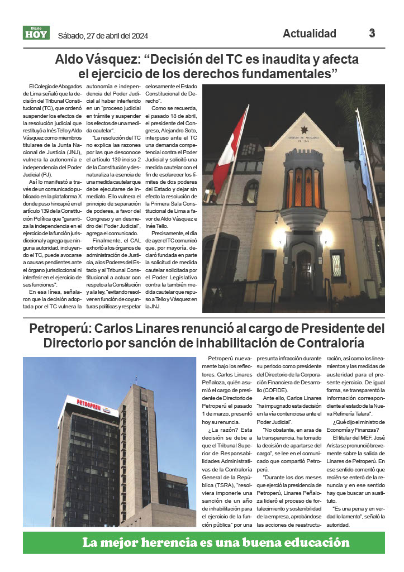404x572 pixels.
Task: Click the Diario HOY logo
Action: (36, 33)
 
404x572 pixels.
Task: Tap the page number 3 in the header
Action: (372, 33)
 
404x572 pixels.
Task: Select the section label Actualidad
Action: (310, 34)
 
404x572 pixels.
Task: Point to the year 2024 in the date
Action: (137, 36)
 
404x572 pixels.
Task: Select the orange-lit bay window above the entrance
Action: (304, 187)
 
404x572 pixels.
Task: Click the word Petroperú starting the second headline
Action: (58, 327)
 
